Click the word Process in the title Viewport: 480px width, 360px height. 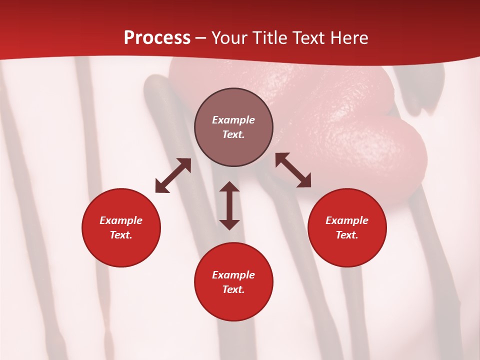click(x=157, y=37)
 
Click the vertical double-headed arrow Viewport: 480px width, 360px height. click(x=229, y=205)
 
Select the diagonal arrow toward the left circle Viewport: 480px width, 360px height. click(x=173, y=175)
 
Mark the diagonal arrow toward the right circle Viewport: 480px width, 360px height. click(x=293, y=170)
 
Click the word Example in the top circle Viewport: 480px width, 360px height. click(x=233, y=120)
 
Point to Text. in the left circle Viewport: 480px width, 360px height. click(x=121, y=235)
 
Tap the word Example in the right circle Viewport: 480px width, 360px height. click(x=347, y=220)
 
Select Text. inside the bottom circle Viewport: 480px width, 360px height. click(x=233, y=289)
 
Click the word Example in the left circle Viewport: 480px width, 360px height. click(x=121, y=220)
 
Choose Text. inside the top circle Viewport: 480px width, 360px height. click(x=233, y=134)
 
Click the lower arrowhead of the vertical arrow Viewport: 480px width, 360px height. click(x=229, y=223)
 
